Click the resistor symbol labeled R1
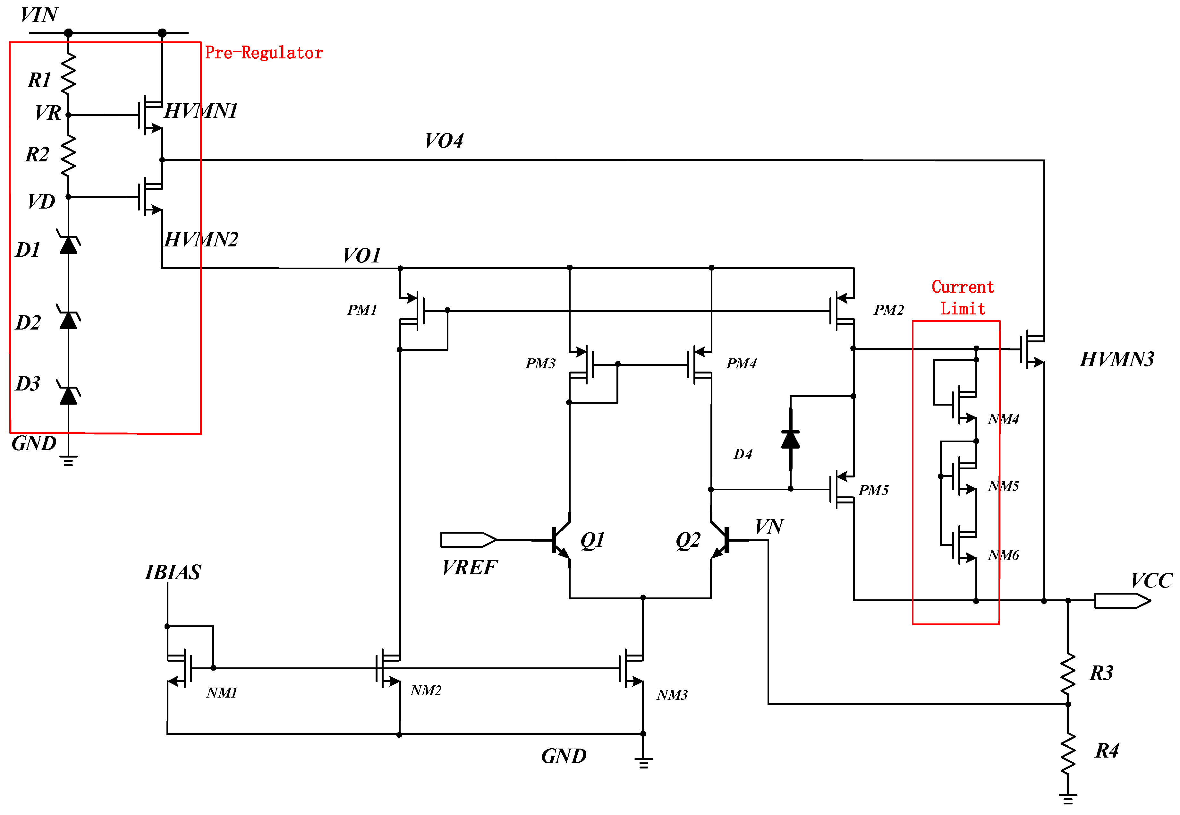68,74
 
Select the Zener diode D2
68,319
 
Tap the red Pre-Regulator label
264,53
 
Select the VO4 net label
444,141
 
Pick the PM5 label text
873,490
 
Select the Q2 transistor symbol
721,541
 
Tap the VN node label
769,527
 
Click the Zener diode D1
68,244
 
